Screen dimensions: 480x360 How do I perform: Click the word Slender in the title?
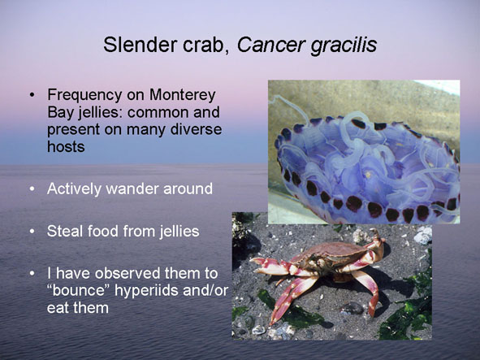pyautogui.click(x=141, y=45)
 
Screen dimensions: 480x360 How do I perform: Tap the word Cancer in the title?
pyautogui.click(x=271, y=45)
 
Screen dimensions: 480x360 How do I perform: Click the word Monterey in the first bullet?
pyautogui.click(x=183, y=95)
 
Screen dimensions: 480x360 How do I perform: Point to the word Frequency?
pyautogui.click(x=84, y=96)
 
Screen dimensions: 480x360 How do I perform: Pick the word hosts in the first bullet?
pyautogui.click(x=66, y=147)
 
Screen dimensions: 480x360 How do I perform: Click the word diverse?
pyautogui.click(x=196, y=129)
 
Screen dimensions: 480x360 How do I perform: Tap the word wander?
pyautogui.click(x=132, y=189)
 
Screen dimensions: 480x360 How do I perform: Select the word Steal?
pyautogui.click(x=65, y=231)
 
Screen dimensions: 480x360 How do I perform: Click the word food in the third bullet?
pyautogui.click(x=103, y=231)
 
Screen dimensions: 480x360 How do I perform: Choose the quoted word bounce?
pyautogui.click(x=79, y=290)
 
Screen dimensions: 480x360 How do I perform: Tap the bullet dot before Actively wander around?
pyautogui.click(x=32, y=189)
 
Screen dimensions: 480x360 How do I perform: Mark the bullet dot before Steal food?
pyautogui.click(x=32, y=232)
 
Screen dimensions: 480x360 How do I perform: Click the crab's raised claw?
pyautogui.click(x=377, y=242)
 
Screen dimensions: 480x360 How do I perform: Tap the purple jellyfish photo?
pyautogui.click(x=364, y=152)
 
